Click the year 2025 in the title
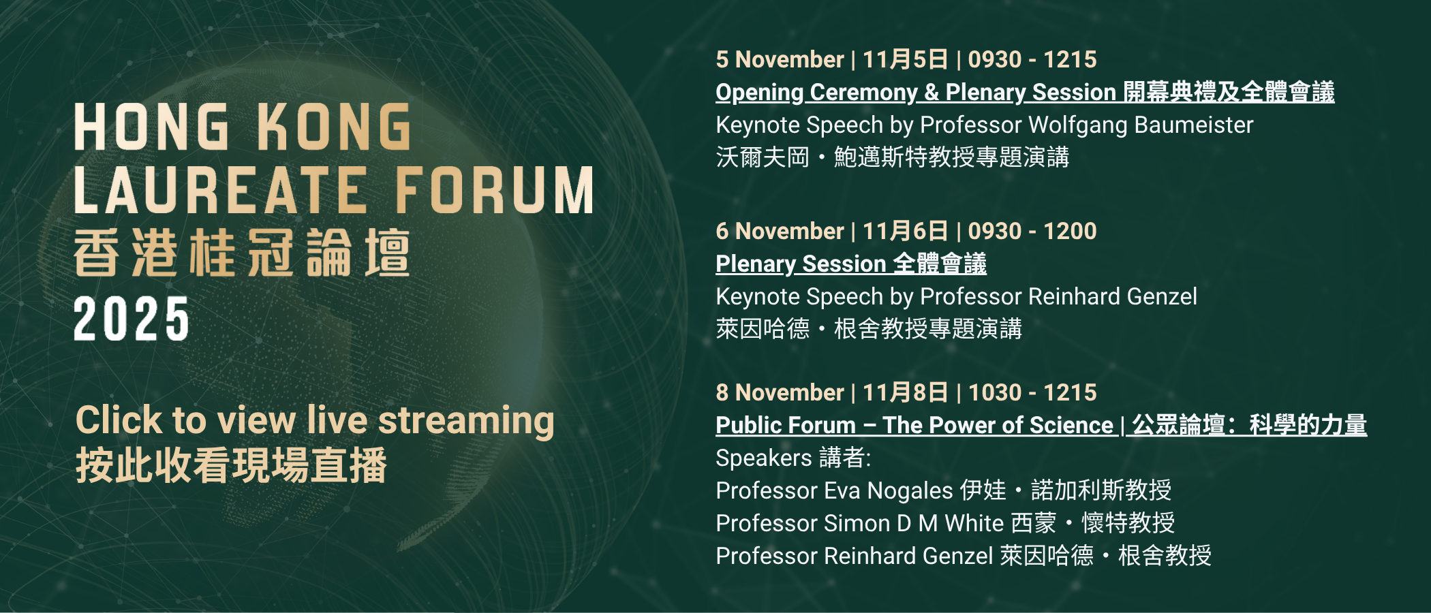(132, 319)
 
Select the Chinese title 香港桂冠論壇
(242, 253)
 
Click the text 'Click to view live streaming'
(315, 420)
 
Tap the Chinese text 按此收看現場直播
(232, 466)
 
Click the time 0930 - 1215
(1032, 60)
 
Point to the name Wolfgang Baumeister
(1141, 125)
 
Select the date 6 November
(780, 232)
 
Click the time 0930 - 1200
(1032, 232)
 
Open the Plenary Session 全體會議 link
(850, 264)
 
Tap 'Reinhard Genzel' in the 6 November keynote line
(1112, 297)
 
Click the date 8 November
(780, 393)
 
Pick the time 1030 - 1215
(1032, 393)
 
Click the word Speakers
(763, 458)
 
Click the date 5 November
(780, 60)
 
